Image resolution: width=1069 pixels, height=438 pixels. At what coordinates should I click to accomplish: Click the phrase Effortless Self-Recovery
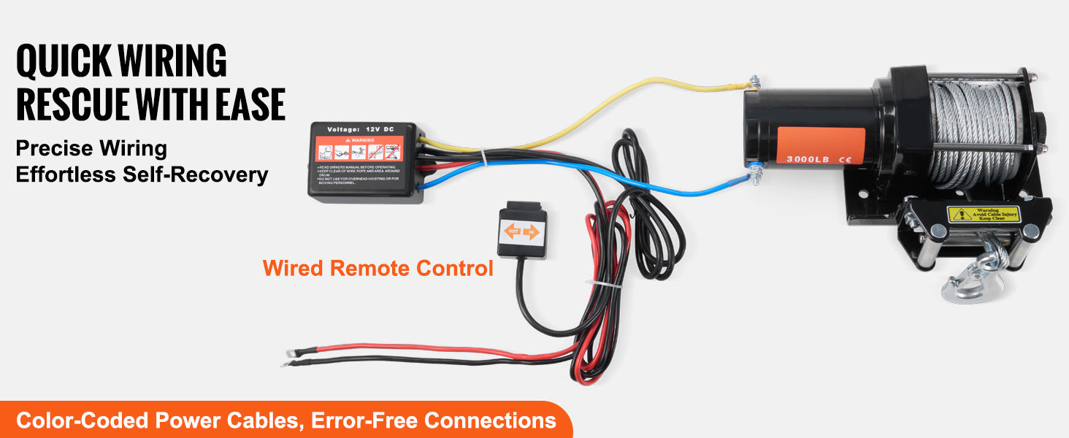(142, 175)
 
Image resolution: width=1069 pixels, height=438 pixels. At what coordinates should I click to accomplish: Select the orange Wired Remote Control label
(378, 268)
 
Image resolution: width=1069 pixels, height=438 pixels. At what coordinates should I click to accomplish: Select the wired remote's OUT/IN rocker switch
(521, 232)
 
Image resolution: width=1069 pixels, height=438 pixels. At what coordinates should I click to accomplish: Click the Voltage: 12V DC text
(361, 128)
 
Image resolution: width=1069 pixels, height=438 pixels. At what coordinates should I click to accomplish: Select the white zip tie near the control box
(483, 155)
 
